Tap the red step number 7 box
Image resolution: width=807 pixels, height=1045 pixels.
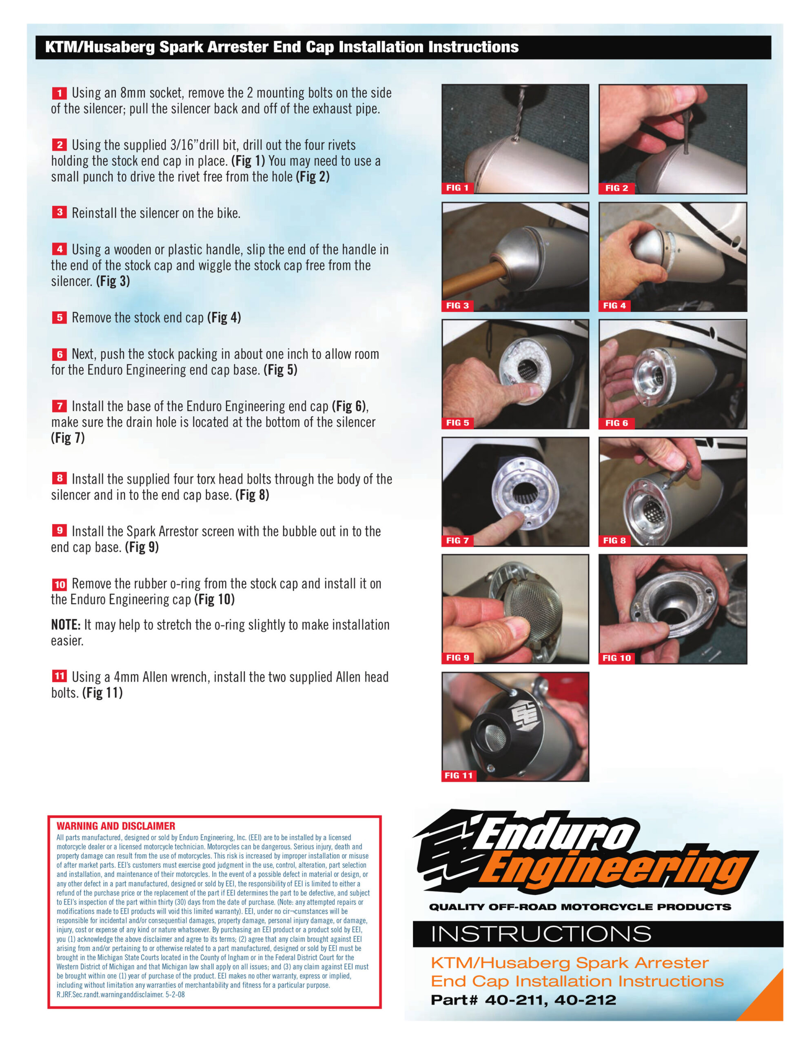[59, 406]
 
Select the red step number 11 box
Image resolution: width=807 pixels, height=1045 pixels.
[59, 676]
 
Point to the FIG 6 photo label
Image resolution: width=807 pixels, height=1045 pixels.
[616, 423]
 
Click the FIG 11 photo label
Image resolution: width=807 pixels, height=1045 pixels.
[459, 775]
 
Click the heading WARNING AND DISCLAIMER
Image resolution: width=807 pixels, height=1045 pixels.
[116, 826]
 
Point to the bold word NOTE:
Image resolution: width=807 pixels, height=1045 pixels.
[66, 625]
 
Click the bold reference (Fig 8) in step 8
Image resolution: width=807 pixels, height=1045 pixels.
[252, 495]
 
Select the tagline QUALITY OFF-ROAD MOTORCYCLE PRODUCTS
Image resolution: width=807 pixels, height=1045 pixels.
[580, 907]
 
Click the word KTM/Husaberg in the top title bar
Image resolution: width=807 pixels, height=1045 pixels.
[100, 47]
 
